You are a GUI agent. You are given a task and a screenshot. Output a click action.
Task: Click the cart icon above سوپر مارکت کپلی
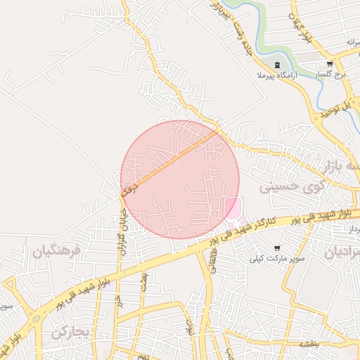(278, 248)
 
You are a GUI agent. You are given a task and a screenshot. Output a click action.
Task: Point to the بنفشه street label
(310, 345)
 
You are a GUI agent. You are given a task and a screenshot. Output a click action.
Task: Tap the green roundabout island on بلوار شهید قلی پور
(35, 319)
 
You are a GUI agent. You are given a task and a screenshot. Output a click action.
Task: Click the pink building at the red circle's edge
(232, 207)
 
